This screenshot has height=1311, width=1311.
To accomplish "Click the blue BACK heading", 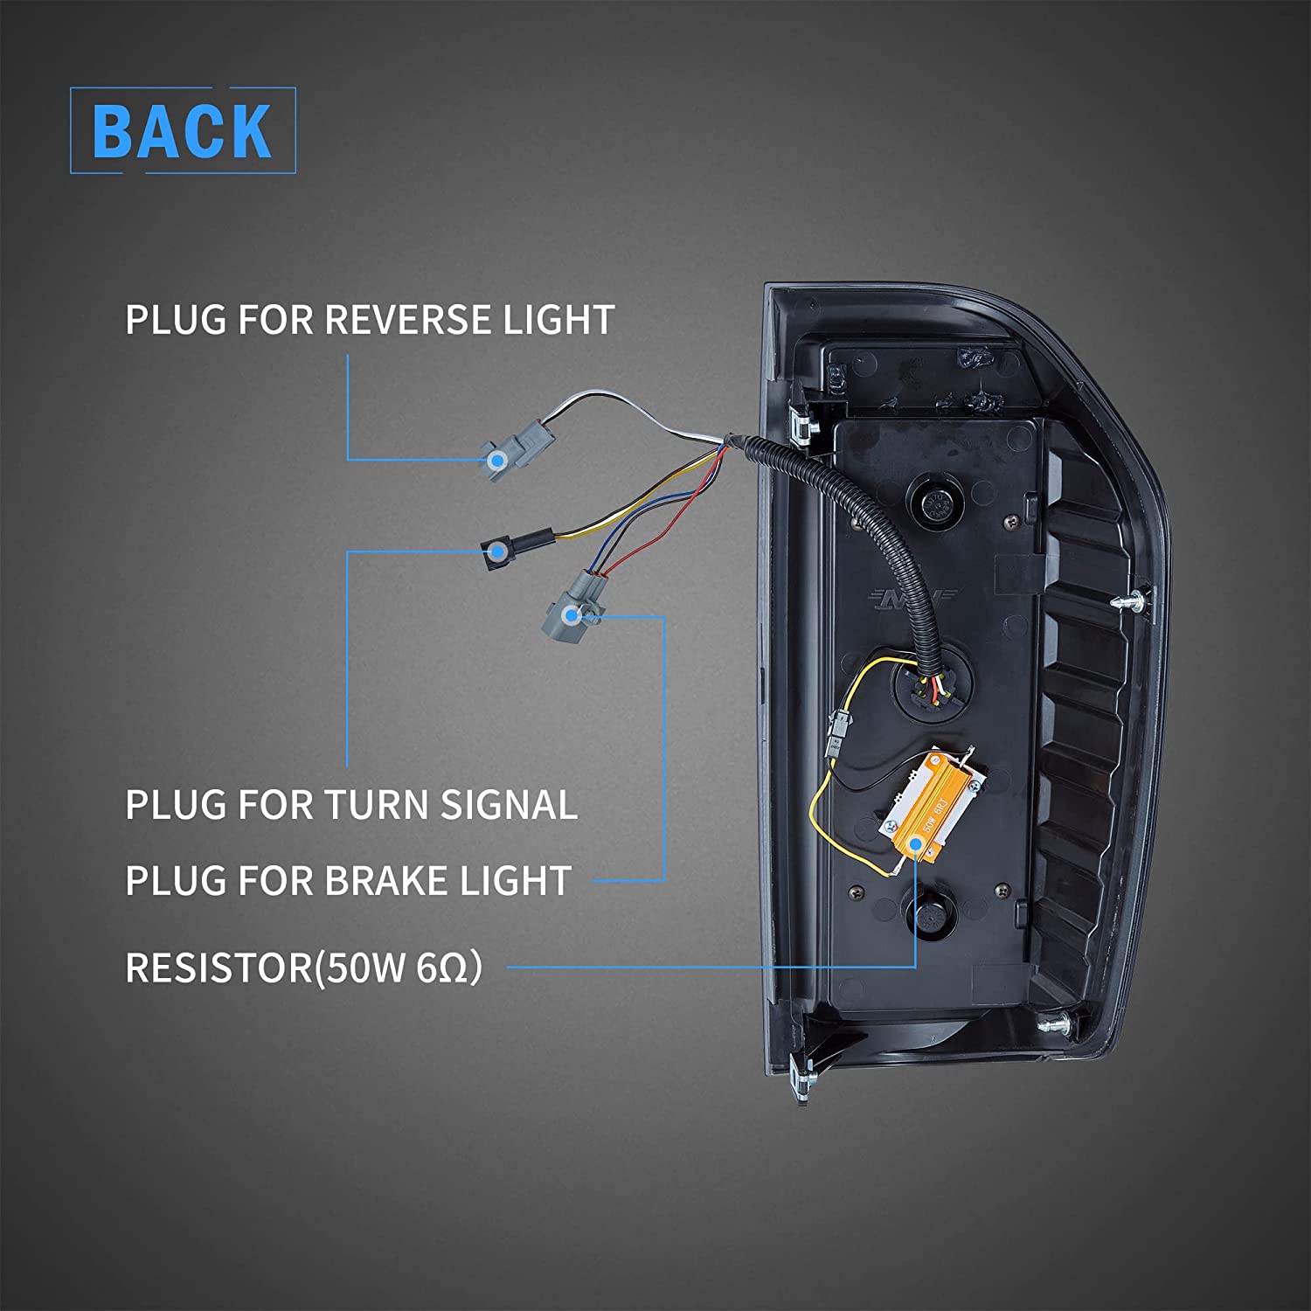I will pos(182,131).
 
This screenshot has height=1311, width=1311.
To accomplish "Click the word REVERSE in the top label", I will pos(409,320).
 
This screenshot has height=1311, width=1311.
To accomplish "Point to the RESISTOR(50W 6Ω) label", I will pos(303,968).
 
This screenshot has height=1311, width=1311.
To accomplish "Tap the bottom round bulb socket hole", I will pos(932,914).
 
